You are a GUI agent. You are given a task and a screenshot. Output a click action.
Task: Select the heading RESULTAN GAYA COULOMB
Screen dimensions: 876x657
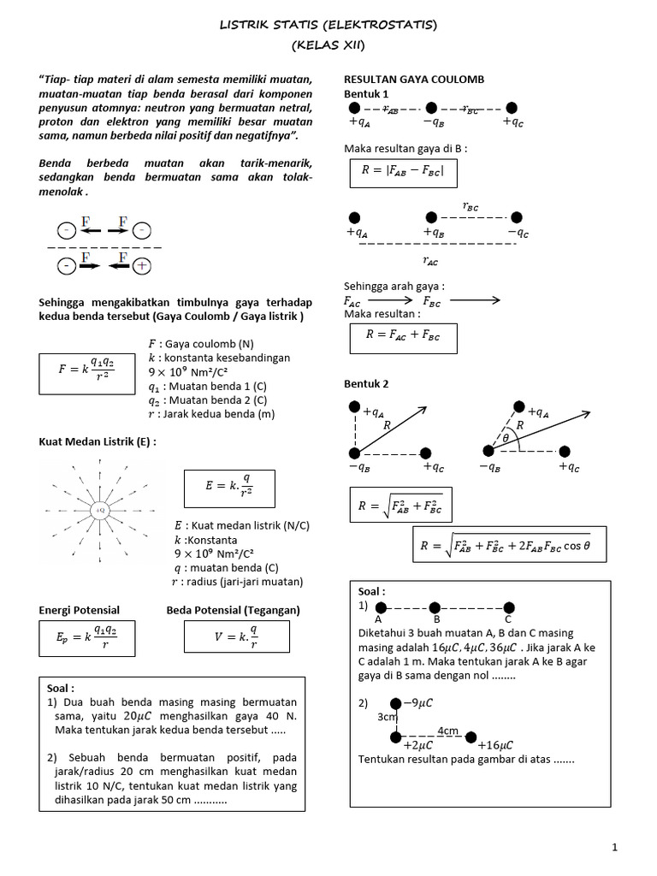tap(413, 80)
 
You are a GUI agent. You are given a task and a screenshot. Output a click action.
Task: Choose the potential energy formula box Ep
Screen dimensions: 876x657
tap(86, 637)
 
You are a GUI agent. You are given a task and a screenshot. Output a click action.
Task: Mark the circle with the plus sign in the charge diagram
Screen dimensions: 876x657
tap(142, 266)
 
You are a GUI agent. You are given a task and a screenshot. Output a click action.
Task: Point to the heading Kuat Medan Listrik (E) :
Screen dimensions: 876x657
tap(98, 441)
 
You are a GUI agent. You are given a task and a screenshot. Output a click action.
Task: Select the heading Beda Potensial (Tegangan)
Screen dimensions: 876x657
tap(233, 610)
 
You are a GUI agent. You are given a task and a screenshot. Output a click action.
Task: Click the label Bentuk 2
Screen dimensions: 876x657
tap(366, 384)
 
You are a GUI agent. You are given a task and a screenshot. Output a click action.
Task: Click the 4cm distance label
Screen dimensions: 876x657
tap(447, 731)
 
